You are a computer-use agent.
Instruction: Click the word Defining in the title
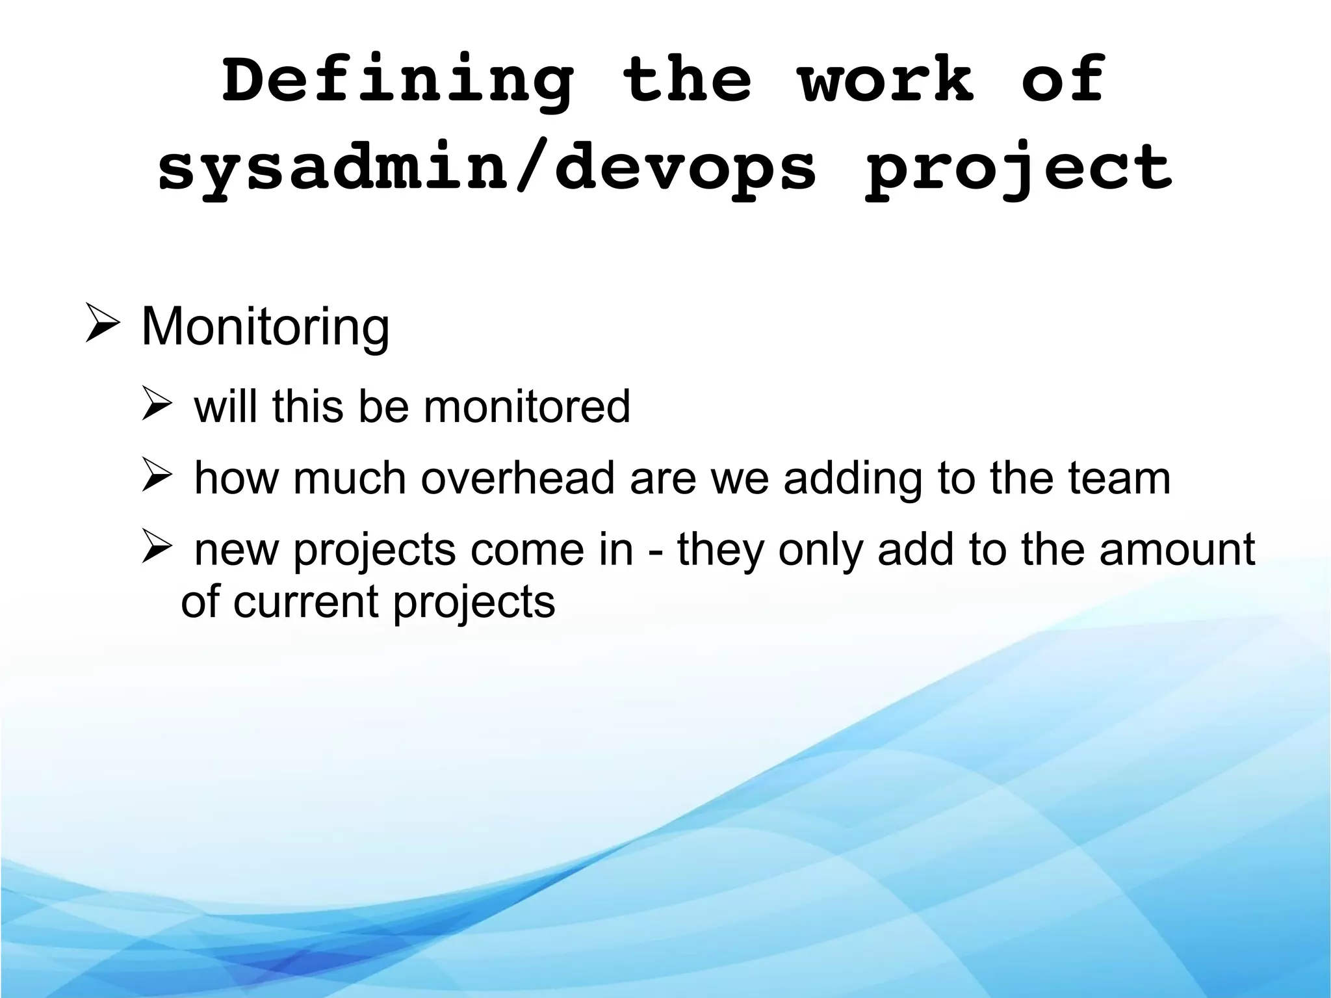pos(398,81)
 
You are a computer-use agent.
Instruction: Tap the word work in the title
pos(886,81)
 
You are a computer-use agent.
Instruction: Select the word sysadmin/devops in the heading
pos(487,168)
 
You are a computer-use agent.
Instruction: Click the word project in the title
pos(1019,168)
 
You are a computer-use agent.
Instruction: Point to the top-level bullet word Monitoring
pos(265,327)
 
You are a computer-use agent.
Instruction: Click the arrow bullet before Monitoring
pos(102,323)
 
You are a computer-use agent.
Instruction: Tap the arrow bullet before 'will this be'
pos(157,404)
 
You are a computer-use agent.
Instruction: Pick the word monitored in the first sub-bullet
pos(526,407)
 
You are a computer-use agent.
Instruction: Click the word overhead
pos(517,479)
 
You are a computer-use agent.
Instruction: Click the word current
pos(305,602)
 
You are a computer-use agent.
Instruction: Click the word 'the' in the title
pos(686,81)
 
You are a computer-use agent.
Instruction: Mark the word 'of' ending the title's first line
pos(1062,81)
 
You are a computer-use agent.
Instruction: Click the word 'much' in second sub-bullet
pos(350,479)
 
